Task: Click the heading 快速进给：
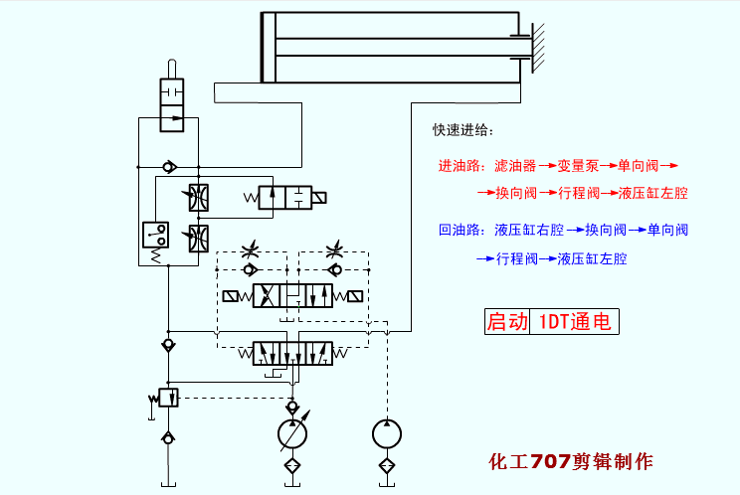[x=462, y=131]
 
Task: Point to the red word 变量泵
[x=577, y=165]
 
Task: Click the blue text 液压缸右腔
[x=529, y=231]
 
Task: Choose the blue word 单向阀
[x=667, y=231]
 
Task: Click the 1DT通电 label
[x=574, y=322]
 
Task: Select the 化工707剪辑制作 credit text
[x=572, y=462]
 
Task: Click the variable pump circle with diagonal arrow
[x=292, y=434]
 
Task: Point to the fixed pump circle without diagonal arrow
[x=386, y=434]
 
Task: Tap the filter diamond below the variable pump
[x=292, y=465]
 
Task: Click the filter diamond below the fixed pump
[x=386, y=465]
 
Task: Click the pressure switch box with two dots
[x=155, y=235]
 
